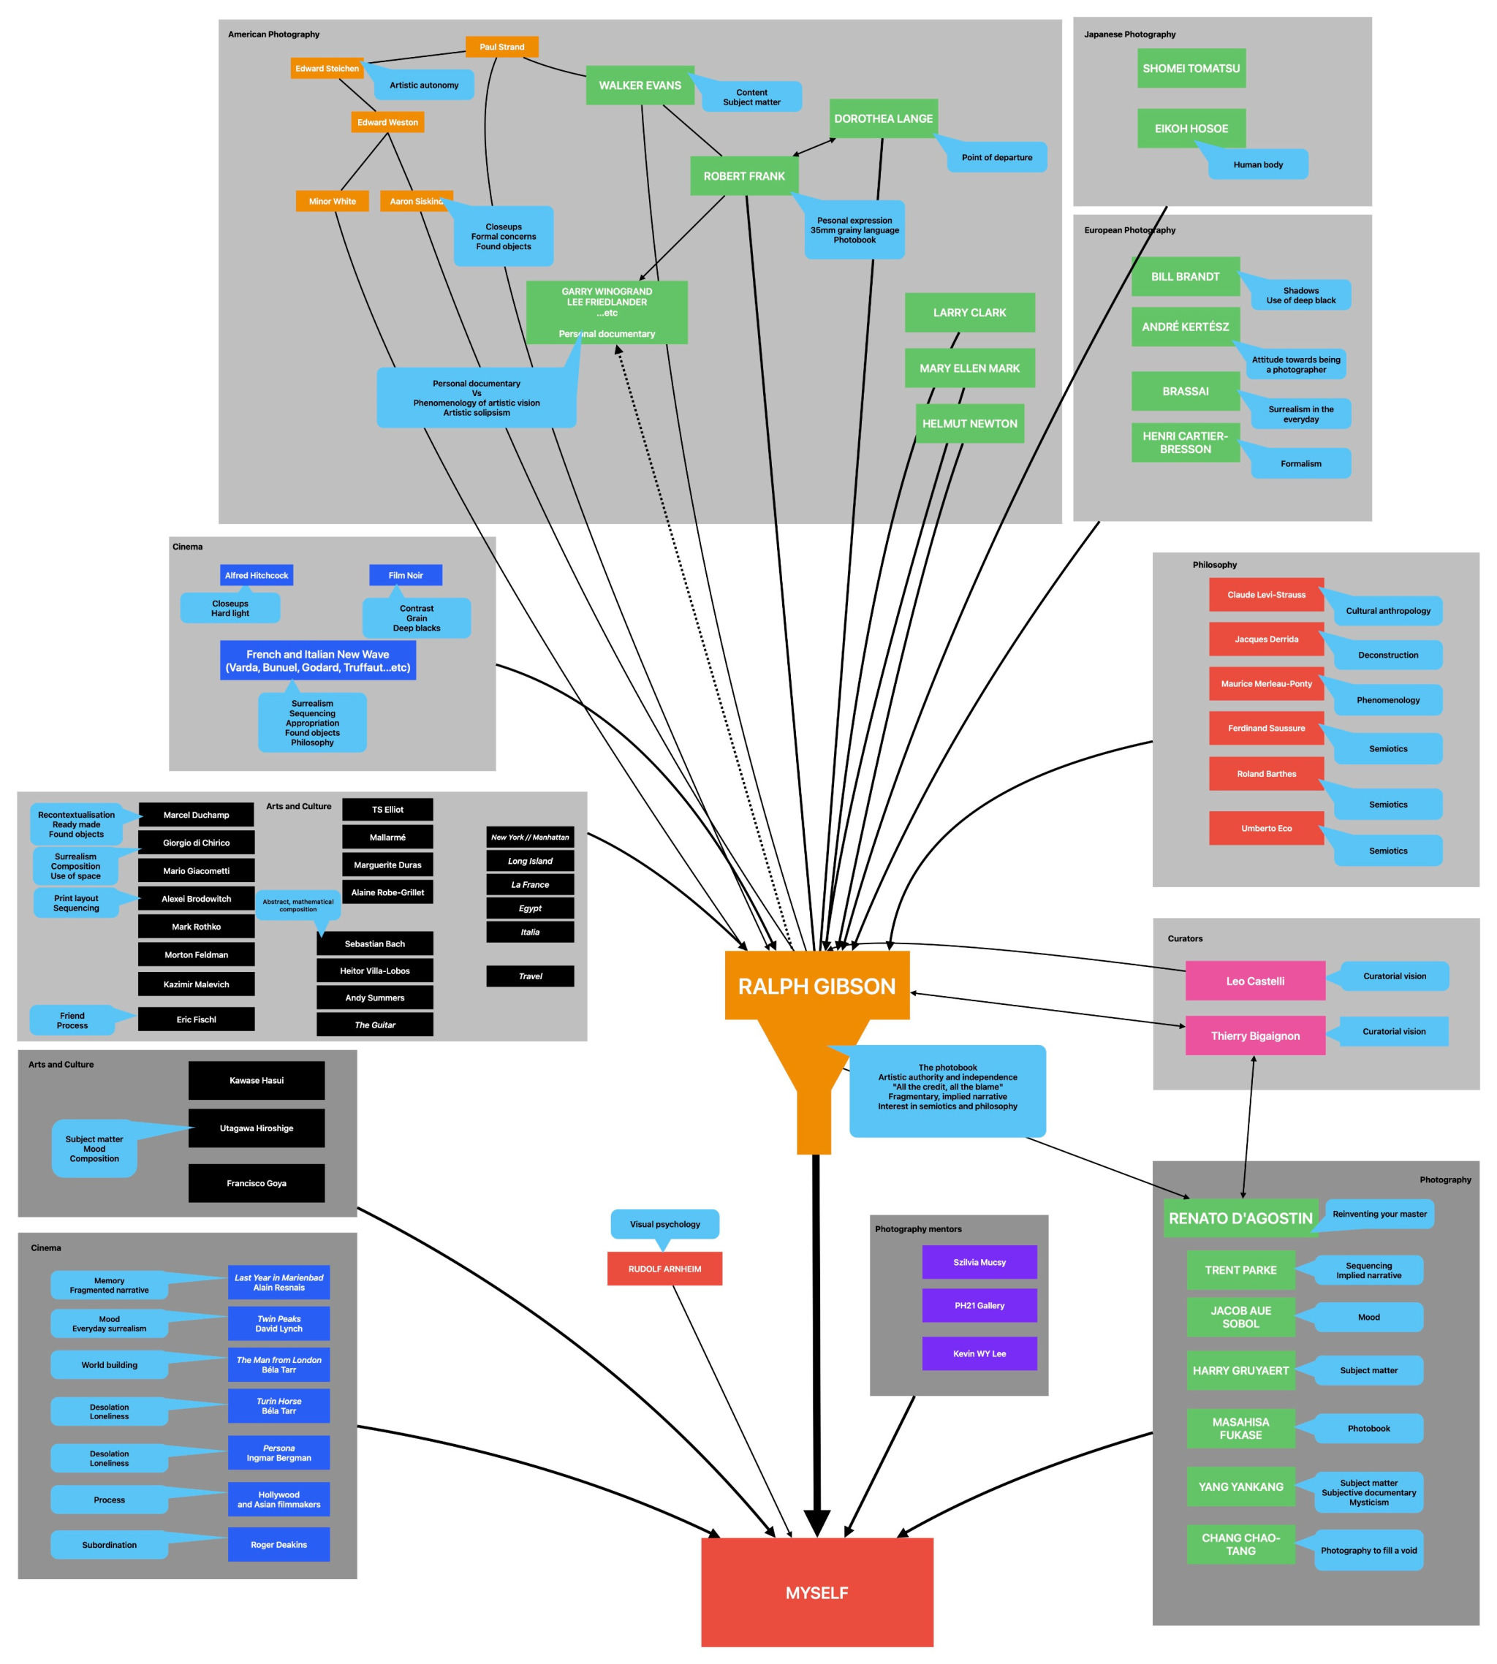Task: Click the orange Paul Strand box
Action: tap(501, 47)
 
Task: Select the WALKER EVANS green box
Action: tap(640, 86)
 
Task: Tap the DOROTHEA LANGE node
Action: tap(884, 118)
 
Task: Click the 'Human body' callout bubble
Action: tap(1258, 164)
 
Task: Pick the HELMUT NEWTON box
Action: tap(970, 423)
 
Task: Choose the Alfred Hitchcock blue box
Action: tap(257, 576)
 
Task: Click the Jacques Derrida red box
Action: tap(1266, 639)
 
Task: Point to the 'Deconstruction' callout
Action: tap(1387, 656)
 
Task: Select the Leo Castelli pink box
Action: tap(1255, 981)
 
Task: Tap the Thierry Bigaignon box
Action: tap(1255, 1036)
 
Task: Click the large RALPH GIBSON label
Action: tap(816, 986)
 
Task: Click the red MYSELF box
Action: tap(816, 1592)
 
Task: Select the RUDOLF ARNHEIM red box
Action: tap(664, 1269)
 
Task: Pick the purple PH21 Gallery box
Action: tap(979, 1305)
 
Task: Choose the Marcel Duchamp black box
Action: tap(196, 815)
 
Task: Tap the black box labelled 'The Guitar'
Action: tap(374, 1025)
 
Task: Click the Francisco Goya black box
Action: tap(257, 1183)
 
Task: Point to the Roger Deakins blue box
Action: tap(278, 1545)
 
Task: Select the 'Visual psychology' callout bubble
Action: tap(664, 1224)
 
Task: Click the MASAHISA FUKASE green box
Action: tap(1240, 1428)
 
